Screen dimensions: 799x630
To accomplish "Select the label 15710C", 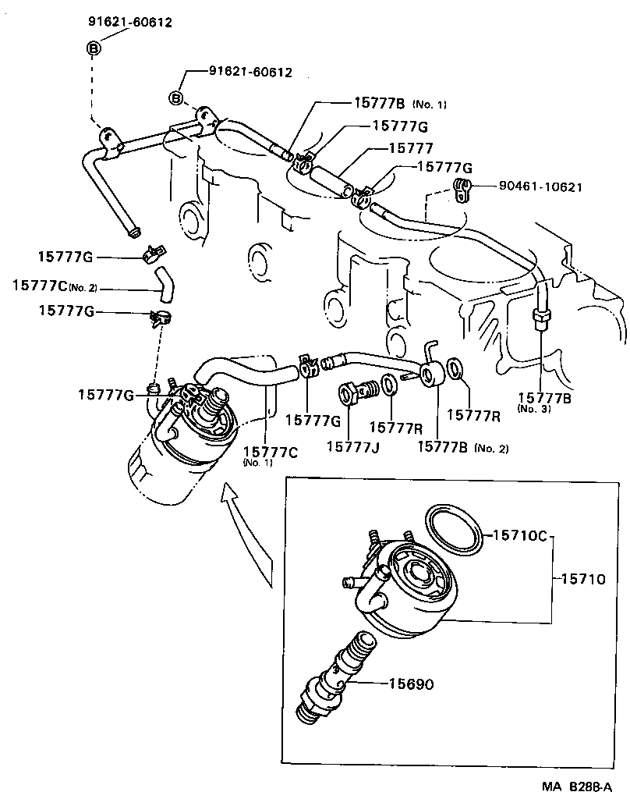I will [x=521, y=535].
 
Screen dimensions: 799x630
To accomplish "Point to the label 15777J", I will [x=352, y=446].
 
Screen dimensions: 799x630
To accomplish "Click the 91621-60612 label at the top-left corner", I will [x=129, y=23].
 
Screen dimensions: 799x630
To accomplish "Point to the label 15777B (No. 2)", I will [x=463, y=446].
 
